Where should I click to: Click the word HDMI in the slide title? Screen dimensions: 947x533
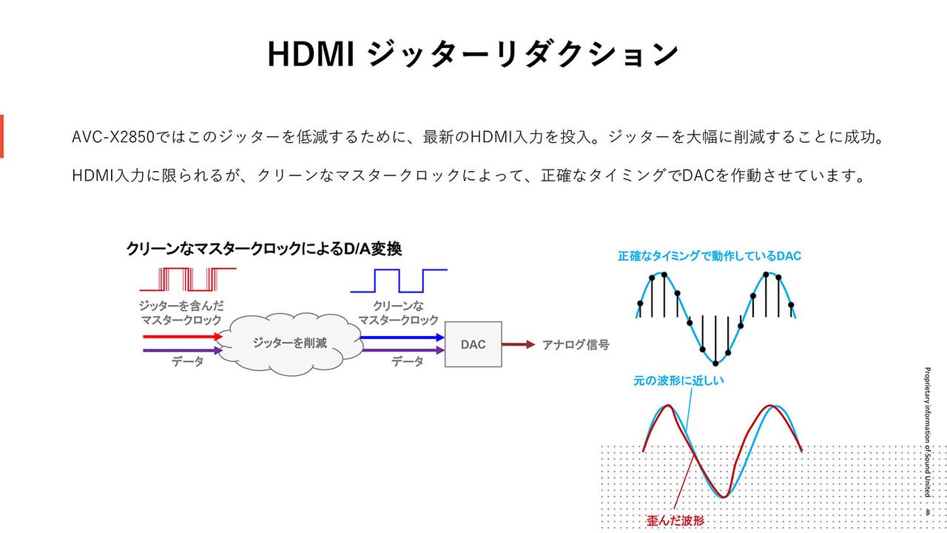tap(311, 54)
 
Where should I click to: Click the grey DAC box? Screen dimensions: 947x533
tap(473, 344)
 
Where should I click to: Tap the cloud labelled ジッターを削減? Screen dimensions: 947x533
tap(290, 343)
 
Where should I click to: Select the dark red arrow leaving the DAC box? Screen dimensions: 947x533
tap(519, 344)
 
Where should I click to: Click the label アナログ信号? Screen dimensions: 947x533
tap(576, 345)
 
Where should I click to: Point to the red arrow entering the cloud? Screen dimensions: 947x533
tap(183, 337)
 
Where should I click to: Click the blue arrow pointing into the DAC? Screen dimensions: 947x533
tap(402, 337)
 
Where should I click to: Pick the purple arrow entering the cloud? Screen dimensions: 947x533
tap(183, 350)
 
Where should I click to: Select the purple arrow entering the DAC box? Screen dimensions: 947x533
tap(403, 350)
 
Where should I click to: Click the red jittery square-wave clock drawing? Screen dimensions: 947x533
tap(188, 279)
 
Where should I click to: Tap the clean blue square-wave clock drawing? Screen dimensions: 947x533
tap(399, 281)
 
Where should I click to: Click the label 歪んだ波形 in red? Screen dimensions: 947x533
tap(675, 520)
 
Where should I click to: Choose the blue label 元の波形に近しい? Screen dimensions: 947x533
tap(678, 381)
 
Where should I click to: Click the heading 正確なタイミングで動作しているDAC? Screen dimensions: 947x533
tap(710, 256)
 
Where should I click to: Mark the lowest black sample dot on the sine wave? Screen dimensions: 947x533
tap(715, 363)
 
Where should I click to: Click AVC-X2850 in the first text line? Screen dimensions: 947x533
tap(113, 137)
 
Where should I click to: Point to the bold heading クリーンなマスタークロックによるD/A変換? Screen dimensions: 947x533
tap(264, 249)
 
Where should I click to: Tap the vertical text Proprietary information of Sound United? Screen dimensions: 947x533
tap(927, 432)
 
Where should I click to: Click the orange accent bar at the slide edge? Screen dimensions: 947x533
tap(1, 136)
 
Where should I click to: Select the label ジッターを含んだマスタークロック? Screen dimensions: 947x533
tap(181, 312)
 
